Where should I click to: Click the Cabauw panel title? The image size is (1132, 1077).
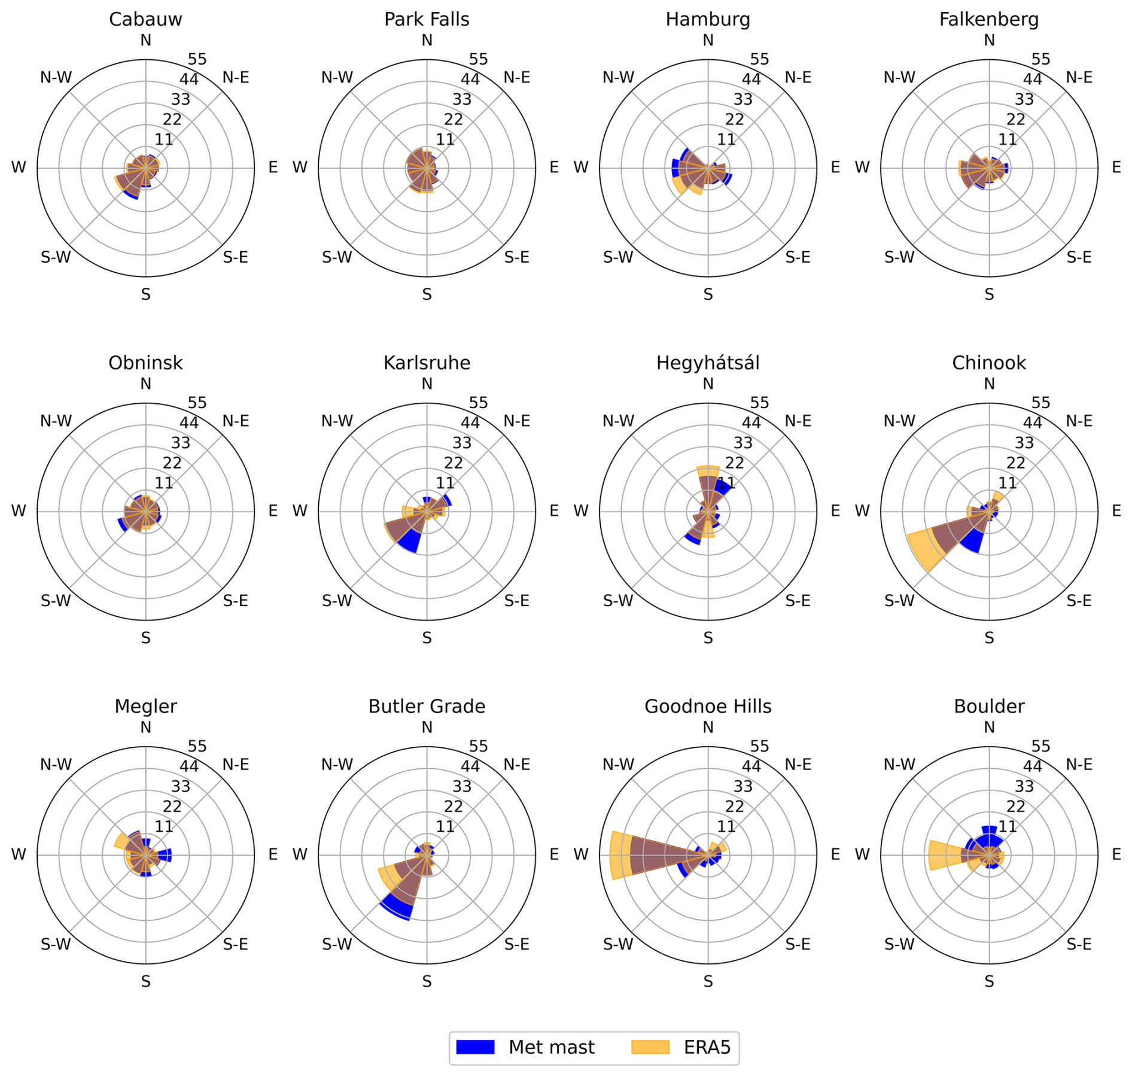145,20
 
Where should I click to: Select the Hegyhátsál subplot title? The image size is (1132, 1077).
708,363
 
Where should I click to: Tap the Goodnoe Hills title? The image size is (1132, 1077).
708,707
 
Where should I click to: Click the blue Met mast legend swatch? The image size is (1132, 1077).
475,1047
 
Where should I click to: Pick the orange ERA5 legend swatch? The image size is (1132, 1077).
650,1047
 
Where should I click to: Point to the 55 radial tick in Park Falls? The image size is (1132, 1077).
479,59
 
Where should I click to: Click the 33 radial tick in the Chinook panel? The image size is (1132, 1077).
1024,443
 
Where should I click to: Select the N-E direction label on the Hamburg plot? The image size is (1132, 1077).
798,78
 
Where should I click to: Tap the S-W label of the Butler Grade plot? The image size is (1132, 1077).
337,944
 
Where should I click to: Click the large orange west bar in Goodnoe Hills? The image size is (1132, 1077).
620,855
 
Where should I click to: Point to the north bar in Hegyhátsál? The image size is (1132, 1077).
708,479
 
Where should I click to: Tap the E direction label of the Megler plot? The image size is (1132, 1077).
273,854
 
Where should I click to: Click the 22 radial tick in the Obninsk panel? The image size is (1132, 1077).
172,463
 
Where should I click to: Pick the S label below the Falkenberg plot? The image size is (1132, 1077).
989,294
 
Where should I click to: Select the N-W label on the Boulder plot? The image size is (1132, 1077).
899,765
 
